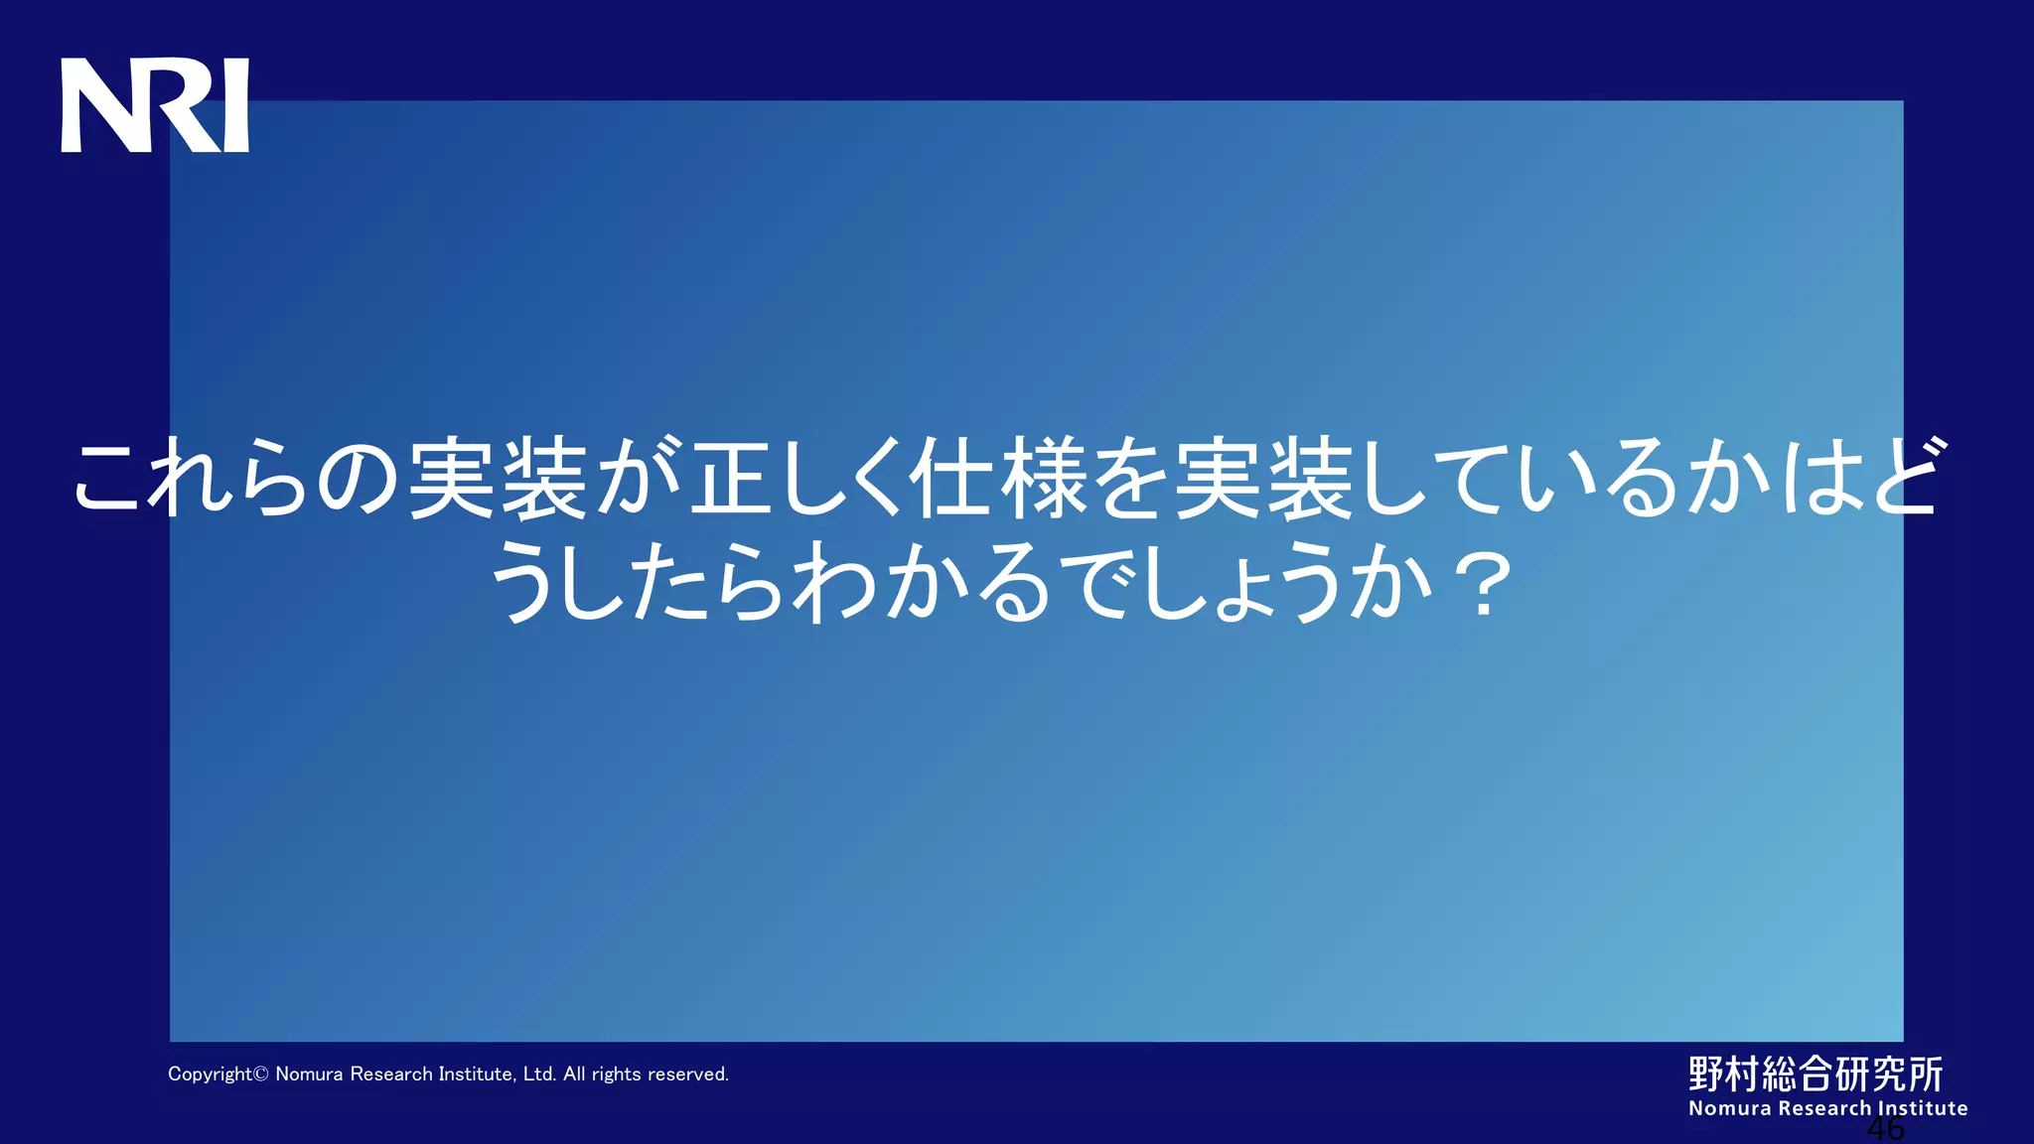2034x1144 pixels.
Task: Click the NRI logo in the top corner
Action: point(155,105)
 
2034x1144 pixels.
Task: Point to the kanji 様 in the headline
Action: point(1044,478)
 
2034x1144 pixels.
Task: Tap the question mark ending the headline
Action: point(1484,586)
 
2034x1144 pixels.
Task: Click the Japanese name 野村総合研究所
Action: point(1816,1073)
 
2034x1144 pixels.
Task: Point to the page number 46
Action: point(1885,1129)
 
